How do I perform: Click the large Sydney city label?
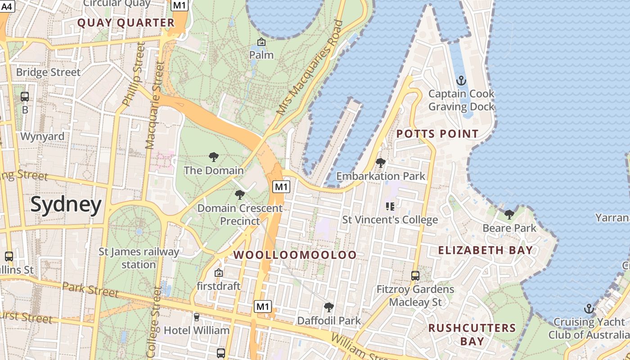66,205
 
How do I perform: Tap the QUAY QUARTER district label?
126,23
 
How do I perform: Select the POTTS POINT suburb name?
437,134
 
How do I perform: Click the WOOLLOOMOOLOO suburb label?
295,255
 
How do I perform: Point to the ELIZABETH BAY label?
486,250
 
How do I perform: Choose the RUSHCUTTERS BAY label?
472,334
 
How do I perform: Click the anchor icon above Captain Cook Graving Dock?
461,81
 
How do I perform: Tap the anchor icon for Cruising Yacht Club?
589,309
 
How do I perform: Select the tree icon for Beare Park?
509,215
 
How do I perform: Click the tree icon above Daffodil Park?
329,307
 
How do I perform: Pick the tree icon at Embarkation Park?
380,163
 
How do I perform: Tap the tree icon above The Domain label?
214,157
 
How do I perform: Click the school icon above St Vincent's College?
390,207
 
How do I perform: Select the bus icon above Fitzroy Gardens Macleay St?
415,275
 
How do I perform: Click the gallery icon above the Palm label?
261,42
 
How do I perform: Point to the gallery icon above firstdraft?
219,273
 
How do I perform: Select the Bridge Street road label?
48,72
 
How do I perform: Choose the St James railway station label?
139,258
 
